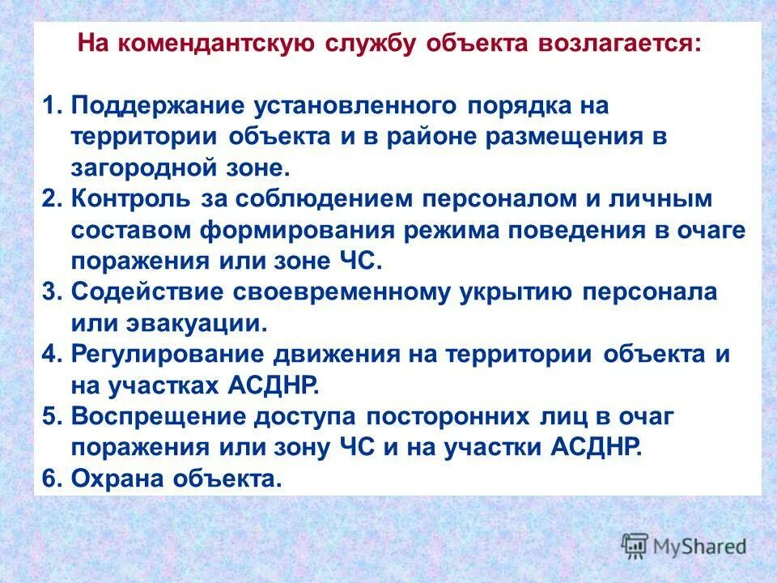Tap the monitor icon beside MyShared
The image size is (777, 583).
[636, 546]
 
